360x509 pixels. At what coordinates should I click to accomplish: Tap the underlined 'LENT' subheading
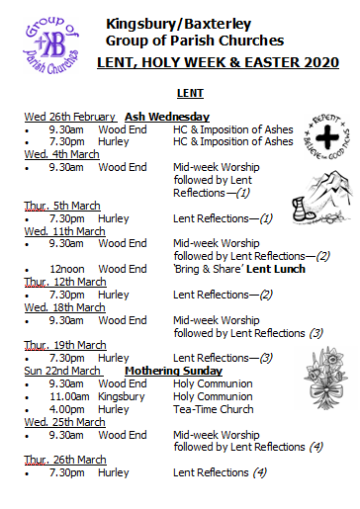coord(189,94)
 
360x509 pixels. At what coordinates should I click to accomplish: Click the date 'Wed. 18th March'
coord(62,306)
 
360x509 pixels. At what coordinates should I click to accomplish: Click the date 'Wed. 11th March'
coord(62,230)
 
